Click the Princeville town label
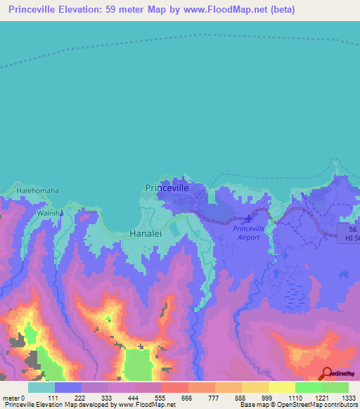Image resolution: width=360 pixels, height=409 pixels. coord(167,188)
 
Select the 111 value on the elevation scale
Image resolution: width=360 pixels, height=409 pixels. coord(67,398)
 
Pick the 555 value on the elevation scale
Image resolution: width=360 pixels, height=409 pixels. coord(174,398)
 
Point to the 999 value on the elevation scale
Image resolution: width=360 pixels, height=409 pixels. coord(255,398)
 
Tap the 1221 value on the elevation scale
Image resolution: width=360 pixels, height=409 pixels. coord(308,398)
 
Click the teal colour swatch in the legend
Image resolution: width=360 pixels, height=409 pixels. coord(41,387)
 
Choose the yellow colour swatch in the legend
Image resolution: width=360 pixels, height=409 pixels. coord(281,387)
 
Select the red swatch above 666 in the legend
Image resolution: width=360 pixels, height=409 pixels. coord(174,387)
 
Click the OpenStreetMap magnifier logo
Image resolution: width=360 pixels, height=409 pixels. coord(327,375)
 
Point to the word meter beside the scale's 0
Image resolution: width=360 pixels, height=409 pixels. coord(11,398)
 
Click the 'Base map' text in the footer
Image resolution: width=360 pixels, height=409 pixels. coord(253,405)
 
